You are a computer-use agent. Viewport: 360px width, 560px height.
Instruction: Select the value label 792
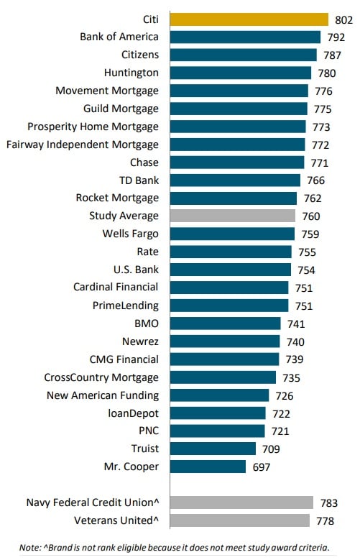[x=334, y=37]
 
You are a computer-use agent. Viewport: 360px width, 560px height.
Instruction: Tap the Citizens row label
[x=140, y=55]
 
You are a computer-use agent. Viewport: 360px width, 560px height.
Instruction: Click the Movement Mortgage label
[x=107, y=91]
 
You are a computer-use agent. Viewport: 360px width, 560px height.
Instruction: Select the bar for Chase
[x=236, y=162]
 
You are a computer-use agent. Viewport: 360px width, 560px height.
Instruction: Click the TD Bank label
[x=139, y=180]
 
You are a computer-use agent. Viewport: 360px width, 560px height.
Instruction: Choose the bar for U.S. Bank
[x=230, y=270]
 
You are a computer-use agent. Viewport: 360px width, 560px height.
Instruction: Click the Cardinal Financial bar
[x=229, y=288]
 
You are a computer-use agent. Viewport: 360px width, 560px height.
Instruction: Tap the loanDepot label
[x=134, y=413]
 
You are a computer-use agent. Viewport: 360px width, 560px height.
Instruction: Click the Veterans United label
[x=116, y=520]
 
